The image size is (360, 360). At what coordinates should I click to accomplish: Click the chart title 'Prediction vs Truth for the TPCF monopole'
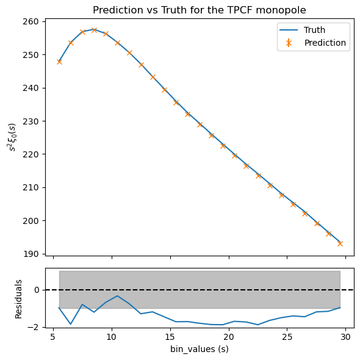(200, 10)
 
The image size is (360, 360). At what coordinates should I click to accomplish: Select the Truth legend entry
(302, 30)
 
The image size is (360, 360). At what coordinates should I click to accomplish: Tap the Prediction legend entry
(312, 43)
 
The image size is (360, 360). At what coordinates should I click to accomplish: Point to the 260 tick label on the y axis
(31, 21)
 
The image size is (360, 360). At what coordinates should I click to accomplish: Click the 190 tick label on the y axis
(31, 254)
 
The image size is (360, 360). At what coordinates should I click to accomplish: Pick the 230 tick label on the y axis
(31, 121)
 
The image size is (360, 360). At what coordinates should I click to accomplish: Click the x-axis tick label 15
(170, 337)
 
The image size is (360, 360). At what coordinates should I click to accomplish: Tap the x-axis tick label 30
(345, 337)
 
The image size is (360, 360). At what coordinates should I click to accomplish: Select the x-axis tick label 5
(53, 337)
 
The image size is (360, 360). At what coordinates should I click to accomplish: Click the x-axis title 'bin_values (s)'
(200, 349)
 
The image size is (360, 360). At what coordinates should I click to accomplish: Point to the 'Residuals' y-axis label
(18, 299)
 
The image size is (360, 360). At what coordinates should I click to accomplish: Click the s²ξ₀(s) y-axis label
(12, 137)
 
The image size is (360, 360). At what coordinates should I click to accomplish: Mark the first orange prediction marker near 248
(59, 62)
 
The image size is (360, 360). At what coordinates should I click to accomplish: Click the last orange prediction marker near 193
(340, 243)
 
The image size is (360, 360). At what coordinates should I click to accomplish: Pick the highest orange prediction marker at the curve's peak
(94, 30)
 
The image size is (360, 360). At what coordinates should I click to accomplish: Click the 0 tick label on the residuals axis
(37, 290)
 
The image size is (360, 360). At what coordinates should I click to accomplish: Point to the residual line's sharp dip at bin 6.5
(71, 324)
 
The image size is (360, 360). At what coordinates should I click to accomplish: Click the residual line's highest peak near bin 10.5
(117, 296)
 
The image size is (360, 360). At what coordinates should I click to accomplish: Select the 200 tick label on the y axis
(31, 221)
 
